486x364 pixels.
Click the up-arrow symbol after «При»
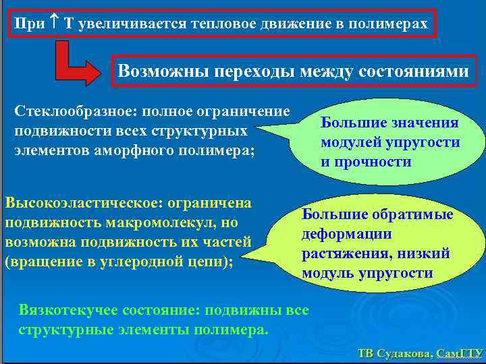point(55,24)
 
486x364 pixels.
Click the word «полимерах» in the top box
point(392,24)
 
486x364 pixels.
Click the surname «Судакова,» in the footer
point(403,353)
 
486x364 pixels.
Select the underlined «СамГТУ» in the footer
point(460,353)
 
